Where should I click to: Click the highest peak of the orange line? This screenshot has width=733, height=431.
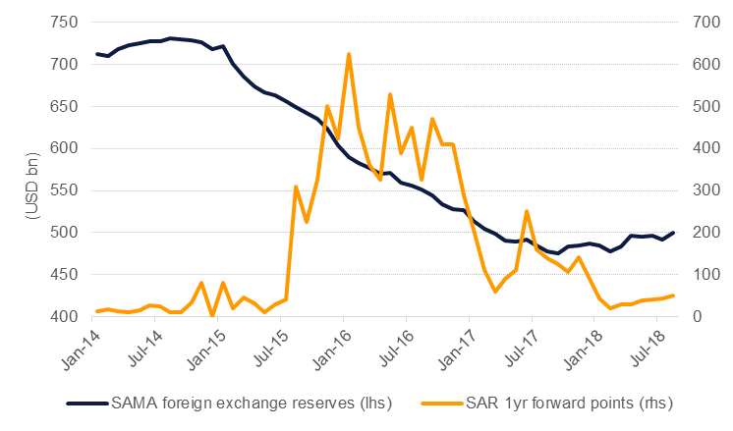coord(349,54)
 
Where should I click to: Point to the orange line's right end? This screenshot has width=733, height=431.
coord(673,296)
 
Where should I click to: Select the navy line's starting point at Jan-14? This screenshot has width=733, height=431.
coord(97,54)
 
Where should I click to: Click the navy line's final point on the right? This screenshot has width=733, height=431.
coord(673,233)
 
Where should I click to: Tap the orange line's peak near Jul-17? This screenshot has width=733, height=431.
coord(528,211)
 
